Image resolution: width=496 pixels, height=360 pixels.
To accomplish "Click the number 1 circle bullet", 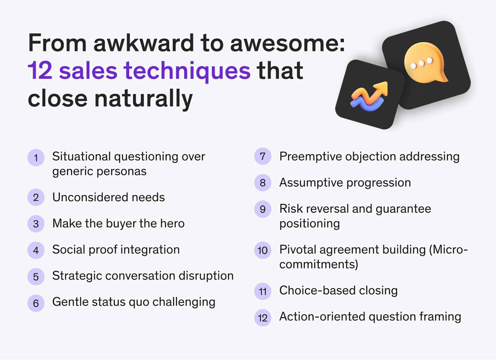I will point(36,157).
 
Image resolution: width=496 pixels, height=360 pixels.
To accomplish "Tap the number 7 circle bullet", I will point(263,156).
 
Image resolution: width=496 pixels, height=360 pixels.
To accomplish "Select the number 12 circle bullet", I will point(263,317).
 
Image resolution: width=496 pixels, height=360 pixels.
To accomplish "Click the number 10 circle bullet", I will point(263,250).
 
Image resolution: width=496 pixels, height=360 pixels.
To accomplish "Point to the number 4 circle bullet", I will point(36,250).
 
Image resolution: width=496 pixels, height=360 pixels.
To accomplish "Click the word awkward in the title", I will point(143,43).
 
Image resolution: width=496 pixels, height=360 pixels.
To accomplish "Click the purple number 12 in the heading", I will point(40,71).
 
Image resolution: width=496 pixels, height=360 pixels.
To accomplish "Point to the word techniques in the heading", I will point(187,71).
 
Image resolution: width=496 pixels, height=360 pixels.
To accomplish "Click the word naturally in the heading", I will point(143,99).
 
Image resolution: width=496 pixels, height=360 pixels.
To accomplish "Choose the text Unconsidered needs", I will point(108,197).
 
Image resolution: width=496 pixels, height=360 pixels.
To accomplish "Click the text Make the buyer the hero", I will point(118,223).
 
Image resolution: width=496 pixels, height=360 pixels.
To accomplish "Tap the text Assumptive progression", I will point(345,182).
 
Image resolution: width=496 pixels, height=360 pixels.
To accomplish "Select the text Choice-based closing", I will point(338,291).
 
